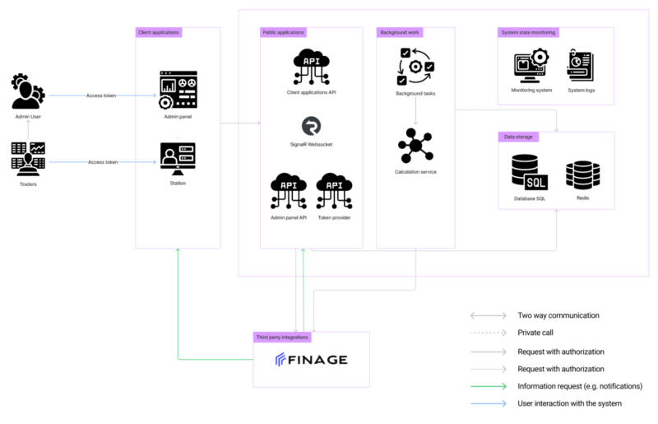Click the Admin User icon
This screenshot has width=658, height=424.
coord(28,91)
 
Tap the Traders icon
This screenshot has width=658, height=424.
coord(28,159)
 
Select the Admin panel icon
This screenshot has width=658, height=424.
coord(178,90)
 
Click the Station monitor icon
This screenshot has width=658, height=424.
coord(178,159)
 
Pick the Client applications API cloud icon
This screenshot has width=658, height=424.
coord(312,67)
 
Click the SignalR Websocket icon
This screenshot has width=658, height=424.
coord(312,126)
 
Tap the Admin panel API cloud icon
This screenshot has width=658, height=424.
coord(289,191)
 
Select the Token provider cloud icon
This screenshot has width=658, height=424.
coord(335,191)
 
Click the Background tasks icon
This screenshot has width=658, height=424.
coord(415,67)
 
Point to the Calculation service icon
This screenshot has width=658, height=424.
coord(415,146)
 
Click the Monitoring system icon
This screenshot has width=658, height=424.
coord(531,66)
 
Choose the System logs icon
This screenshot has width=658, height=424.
coord(581,65)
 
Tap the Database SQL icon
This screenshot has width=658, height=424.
coord(530,172)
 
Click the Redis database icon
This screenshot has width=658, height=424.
coord(583,175)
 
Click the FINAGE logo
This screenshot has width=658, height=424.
coord(312,360)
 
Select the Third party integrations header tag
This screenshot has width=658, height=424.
coord(282,337)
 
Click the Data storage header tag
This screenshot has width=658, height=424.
coord(518,137)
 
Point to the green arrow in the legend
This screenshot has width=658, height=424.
coord(489,386)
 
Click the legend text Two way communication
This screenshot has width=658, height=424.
coord(558,315)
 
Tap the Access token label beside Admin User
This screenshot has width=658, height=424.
coord(101,96)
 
